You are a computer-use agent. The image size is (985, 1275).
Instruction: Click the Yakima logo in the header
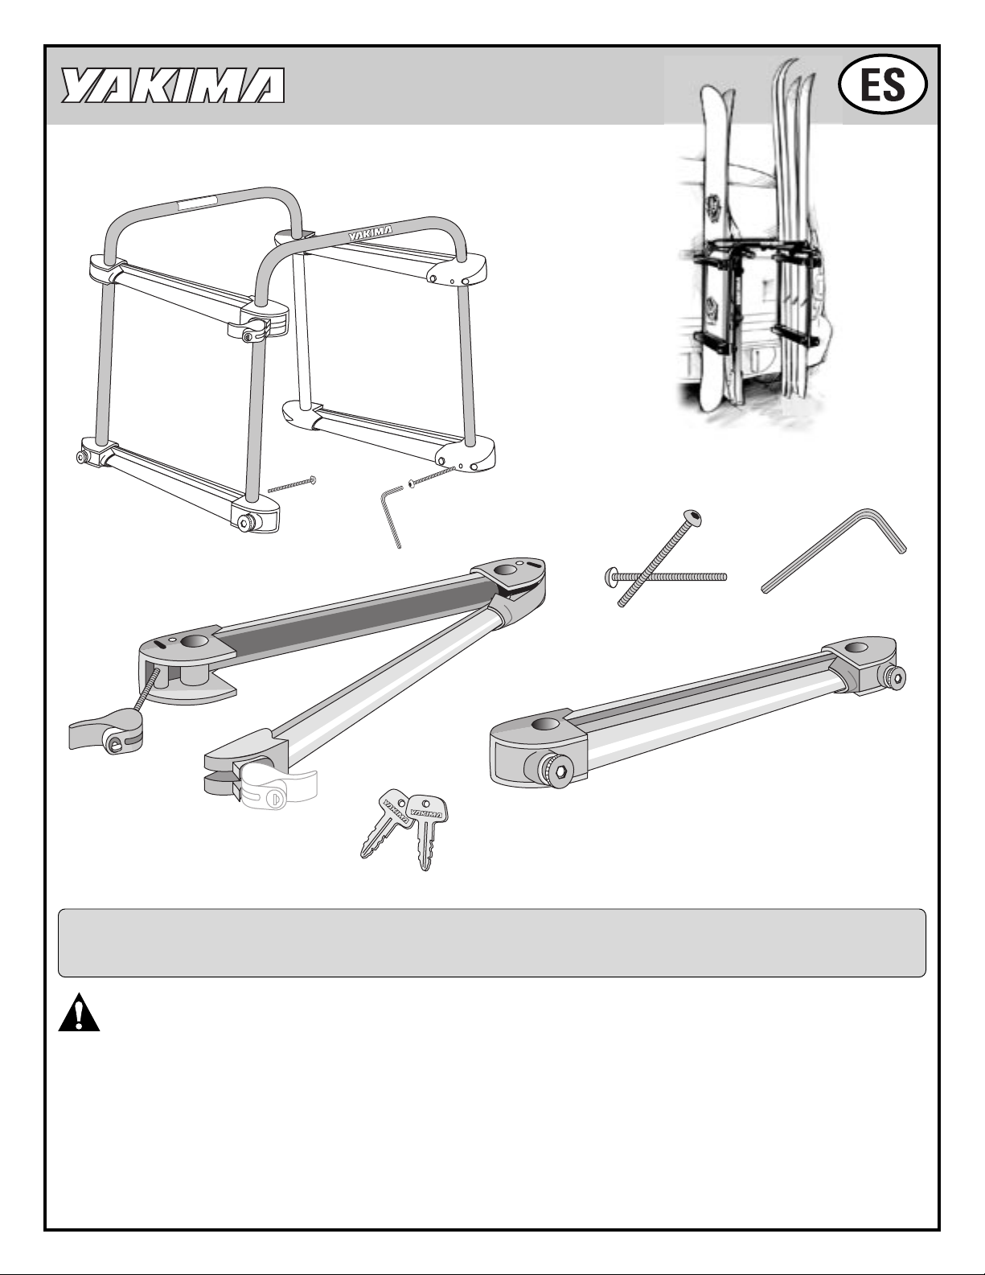click(173, 85)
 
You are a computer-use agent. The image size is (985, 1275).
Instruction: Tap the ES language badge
click(882, 85)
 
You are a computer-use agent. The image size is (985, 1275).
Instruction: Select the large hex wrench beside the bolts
click(832, 549)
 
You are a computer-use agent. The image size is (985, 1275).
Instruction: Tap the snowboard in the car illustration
click(717, 246)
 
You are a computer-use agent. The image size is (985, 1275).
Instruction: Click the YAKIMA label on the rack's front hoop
click(370, 232)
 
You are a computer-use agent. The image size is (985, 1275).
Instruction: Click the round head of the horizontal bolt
click(609, 577)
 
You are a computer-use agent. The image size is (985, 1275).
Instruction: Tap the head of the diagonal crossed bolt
click(693, 518)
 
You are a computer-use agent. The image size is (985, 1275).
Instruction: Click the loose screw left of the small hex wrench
click(292, 484)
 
